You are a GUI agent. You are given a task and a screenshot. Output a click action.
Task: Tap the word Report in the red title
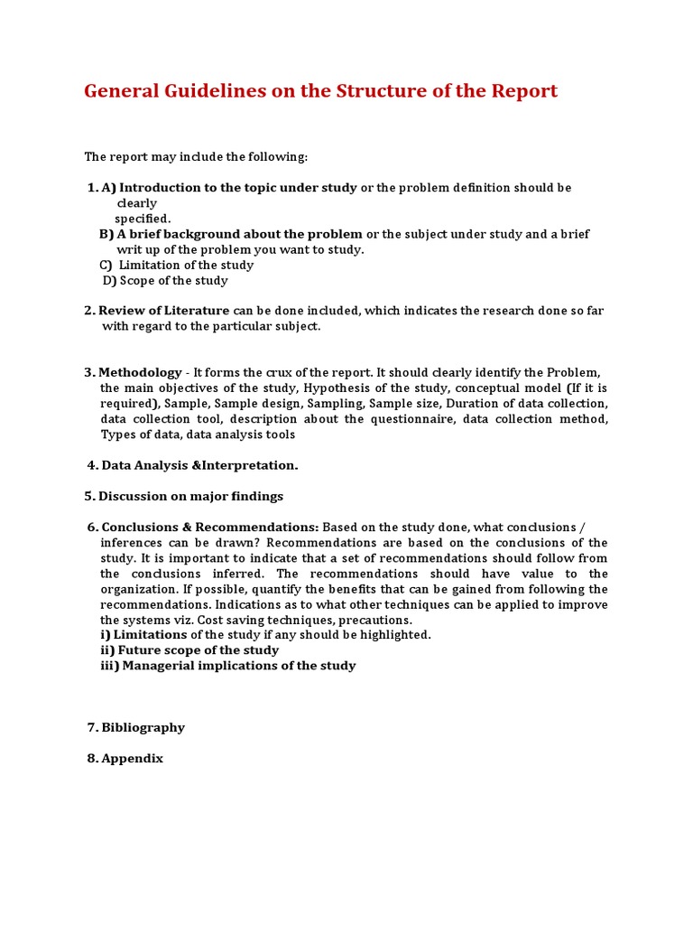coord(523,91)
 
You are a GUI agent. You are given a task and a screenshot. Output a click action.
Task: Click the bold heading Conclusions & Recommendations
coord(209,527)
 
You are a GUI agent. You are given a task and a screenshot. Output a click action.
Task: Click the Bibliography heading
coord(143,727)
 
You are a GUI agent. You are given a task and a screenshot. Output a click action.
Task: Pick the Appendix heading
coord(132,759)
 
